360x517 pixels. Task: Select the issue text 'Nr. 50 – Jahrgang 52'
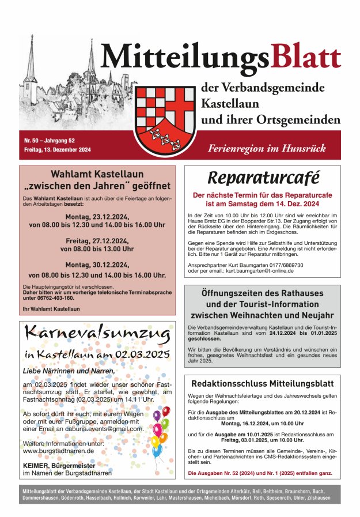click(x=50, y=140)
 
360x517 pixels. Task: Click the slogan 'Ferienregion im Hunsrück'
click(x=267, y=148)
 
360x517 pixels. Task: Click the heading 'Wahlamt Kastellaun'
click(x=97, y=173)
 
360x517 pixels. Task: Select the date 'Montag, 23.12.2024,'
click(x=97, y=217)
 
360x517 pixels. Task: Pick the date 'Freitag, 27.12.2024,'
click(x=97, y=240)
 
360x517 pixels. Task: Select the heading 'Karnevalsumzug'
click(x=97, y=333)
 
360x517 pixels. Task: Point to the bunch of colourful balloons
click(x=160, y=429)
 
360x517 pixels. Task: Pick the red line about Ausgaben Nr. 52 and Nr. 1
click(x=260, y=473)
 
